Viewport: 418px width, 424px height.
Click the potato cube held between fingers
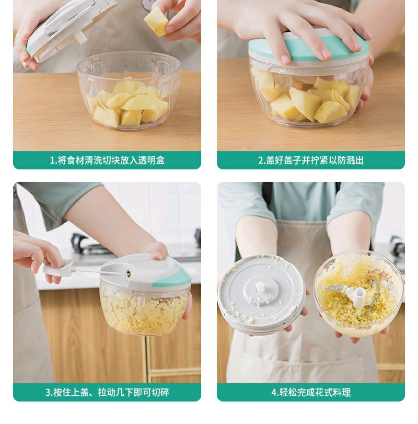(x=156, y=21)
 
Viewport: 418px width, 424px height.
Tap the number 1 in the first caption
(x=52, y=161)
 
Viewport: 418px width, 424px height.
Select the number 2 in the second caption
(x=261, y=161)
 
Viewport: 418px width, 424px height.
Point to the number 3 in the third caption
(x=48, y=392)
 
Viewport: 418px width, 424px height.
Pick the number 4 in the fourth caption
(x=274, y=392)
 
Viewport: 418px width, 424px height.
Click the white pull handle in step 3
(x=59, y=268)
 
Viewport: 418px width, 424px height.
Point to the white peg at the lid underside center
(x=260, y=287)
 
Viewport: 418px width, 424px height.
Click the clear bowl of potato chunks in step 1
(x=129, y=90)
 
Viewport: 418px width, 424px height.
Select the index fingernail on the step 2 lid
(x=285, y=59)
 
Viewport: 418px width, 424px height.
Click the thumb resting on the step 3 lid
(x=158, y=250)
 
